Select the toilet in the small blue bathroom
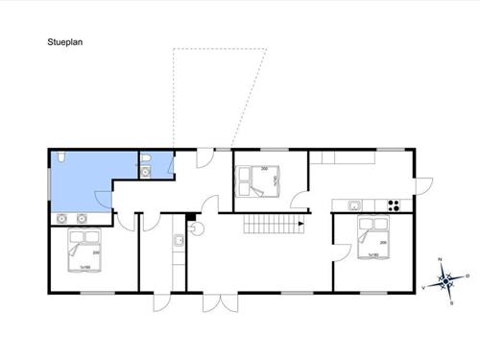point(145,158)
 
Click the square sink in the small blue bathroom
point(145,173)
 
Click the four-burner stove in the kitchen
point(392,204)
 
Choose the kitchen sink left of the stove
point(354,204)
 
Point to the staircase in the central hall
point(272,228)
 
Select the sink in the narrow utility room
point(178,240)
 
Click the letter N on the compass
point(439,260)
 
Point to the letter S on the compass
point(450,302)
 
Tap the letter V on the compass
point(424,287)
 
